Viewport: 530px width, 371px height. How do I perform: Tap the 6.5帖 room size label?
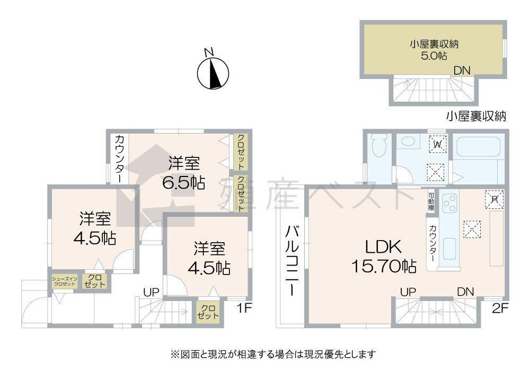(183, 183)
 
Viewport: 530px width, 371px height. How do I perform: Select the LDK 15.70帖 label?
(384, 257)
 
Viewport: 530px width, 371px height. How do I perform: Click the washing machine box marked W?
(438, 144)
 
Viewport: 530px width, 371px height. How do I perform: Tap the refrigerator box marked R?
(494, 199)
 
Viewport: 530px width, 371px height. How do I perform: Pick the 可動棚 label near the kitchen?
(431, 201)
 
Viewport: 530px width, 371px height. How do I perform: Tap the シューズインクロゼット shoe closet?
(65, 281)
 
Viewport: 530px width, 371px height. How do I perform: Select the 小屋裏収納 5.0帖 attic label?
(434, 49)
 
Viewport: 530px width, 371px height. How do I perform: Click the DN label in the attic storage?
(462, 70)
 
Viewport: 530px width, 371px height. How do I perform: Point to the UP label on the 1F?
(151, 292)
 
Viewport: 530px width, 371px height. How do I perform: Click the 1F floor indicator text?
(245, 308)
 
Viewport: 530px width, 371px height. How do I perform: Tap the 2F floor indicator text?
(500, 308)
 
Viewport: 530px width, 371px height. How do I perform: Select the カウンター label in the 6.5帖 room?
(120, 159)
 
